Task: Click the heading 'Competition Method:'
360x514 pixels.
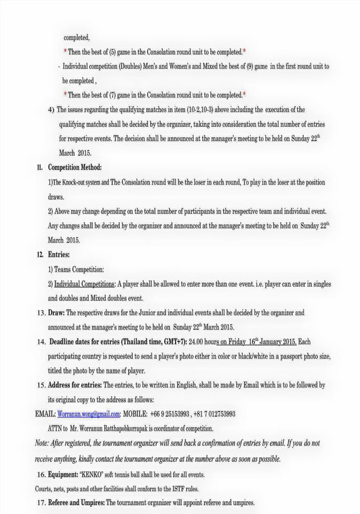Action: [x=74, y=168]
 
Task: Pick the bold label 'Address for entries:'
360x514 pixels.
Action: [x=74, y=385]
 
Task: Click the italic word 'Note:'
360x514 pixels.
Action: [x=42, y=443]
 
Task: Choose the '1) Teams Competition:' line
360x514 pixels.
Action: [x=76, y=269]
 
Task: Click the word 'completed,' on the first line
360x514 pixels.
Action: [x=76, y=38]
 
